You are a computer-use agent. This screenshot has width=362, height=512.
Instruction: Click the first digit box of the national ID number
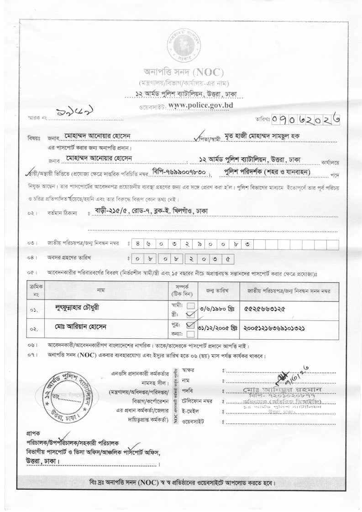pyautogui.click(x=137, y=244)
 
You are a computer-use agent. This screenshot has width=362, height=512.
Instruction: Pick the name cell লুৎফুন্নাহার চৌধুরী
pyautogui.click(x=76, y=307)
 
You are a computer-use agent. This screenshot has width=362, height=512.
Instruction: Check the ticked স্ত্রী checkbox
pyautogui.click(x=191, y=314)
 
